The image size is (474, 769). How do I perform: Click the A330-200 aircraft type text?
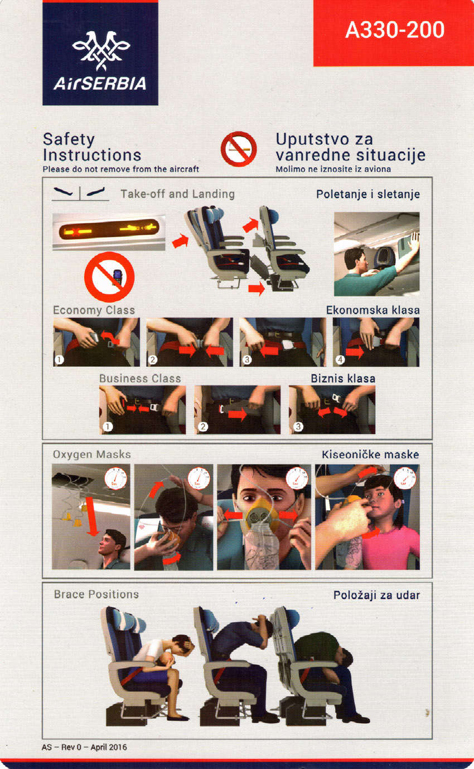(x=395, y=30)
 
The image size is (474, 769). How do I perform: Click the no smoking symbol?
(x=239, y=149)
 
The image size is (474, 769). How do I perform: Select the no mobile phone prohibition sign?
(x=109, y=277)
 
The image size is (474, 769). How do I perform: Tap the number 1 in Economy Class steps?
(x=59, y=360)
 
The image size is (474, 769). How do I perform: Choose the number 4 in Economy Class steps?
(x=340, y=360)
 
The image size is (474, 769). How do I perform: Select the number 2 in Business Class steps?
(x=203, y=427)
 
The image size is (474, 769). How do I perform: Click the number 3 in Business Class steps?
(x=298, y=427)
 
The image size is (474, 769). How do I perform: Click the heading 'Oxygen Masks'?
(x=91, y=454)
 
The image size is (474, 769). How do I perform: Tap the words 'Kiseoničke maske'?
(x=370, y=455)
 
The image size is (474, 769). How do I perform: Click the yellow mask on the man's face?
(x=263, y=517)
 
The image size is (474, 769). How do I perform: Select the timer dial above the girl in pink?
(x=405, y=478)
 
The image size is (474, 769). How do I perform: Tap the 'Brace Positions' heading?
(x=96, y=594)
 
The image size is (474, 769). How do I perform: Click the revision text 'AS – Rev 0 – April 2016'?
(x=84, y=747)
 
